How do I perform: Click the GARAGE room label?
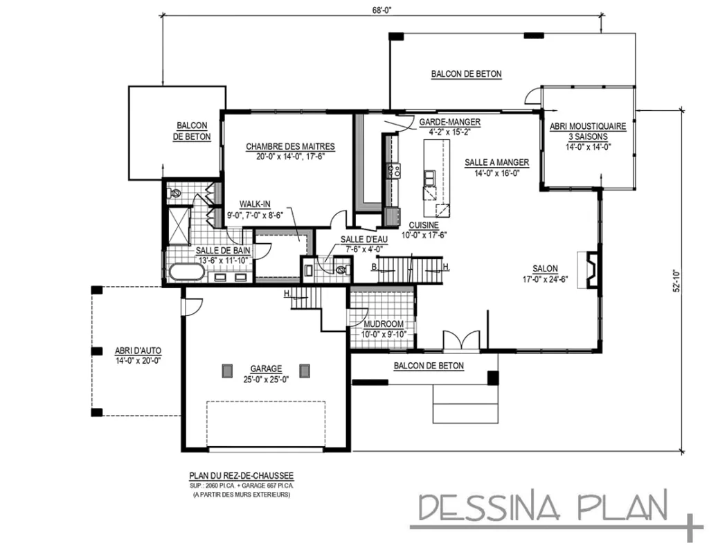265,369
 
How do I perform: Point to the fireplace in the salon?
591,270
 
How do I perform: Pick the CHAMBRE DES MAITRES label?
290,146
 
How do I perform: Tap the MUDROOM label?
383,324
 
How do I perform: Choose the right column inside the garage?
305,370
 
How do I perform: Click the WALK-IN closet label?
255,204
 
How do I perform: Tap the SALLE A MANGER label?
496,162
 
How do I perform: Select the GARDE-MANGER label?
449,122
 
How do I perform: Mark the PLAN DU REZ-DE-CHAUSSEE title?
241,475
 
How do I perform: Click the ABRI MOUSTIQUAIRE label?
588,127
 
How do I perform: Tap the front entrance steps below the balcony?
465,405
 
